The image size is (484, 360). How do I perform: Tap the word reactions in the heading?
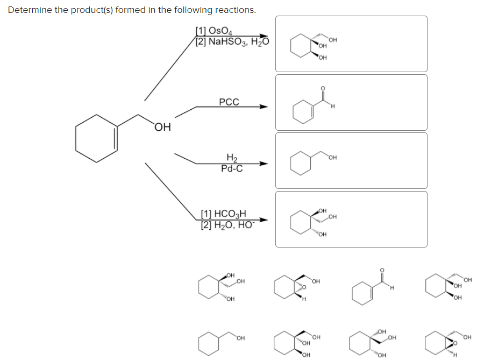click(x=234, y=10)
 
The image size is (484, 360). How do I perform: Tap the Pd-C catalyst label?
click(x=232, y=168)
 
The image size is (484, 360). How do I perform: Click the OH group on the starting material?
click(x=163, y=128)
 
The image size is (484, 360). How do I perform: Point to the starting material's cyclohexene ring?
click(x=97, y=138)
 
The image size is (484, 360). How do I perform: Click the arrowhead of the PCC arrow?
click(x=264, y=107)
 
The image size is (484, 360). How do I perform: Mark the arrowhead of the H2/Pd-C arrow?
click(x=264, y=164)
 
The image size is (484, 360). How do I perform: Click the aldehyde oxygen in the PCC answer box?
click(x=323, y=88)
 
